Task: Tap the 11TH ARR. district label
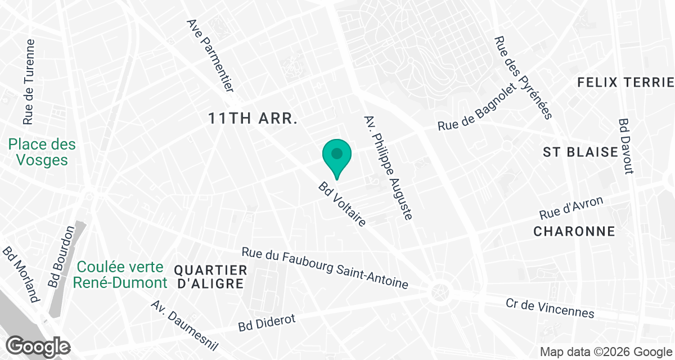(x=252, y=119)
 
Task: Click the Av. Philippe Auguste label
(x=389, y=168)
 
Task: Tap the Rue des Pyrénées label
(x=523, y=78)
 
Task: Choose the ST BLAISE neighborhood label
(x=580, y=152)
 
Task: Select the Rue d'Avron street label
(x=571, y=209)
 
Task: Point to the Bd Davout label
(x=625, y=146)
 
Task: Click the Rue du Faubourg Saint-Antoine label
(x=325, y=268)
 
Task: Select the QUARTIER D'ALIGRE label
(x=210, y=276)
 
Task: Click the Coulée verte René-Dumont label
(x=120, y=274)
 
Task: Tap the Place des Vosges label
(x=42, y=152)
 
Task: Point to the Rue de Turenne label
(x=29, y=82)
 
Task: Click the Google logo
(x=39, y=346)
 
